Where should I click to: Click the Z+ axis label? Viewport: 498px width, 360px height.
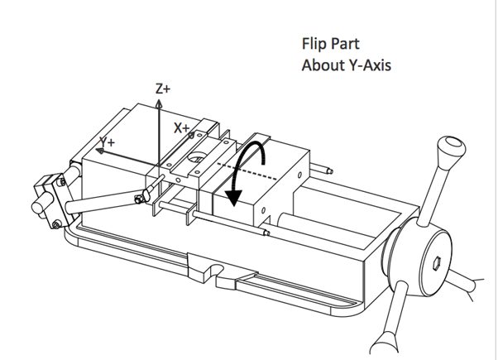[162, 89]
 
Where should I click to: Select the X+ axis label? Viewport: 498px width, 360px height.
[182, 128]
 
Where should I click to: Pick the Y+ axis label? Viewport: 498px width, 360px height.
[107, 142]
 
